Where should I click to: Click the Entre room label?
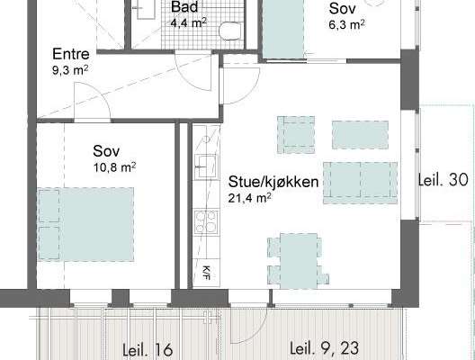[x=71, y=54]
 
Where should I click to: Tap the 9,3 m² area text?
[x=70, y=70]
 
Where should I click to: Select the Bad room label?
[x=184, y=6]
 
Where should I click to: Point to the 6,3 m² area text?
[x=346, y=24]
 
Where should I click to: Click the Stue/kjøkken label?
[x=273, y=182]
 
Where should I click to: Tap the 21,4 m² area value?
[x=249, y=198]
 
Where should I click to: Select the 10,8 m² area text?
[x=114, y=167]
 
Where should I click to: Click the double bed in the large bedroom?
[x=85, y=224]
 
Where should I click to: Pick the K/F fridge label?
[x=206, y=273]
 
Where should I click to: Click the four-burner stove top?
[x=206, y=222]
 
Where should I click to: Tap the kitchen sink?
[x=206, y=167]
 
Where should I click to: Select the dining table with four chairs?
[x=299, y=261]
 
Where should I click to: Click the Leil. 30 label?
[x=444, y=180]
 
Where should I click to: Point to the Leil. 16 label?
[x=148, y=350]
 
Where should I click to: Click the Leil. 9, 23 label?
[x=325, y=348]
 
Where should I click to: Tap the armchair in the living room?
[x=296, y=135]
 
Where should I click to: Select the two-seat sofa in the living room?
[x=361, y=183]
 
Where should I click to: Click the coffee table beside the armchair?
[x=360, y=135]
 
